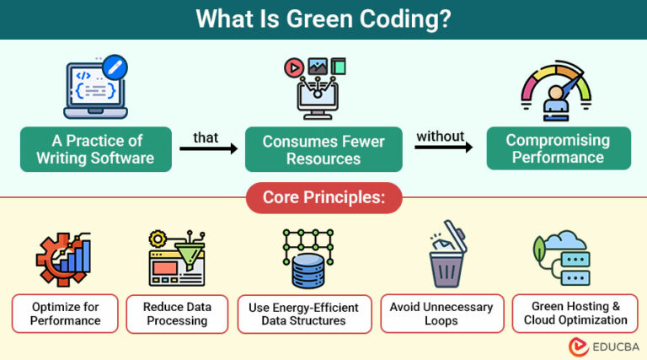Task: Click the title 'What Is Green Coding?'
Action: click(323, 19)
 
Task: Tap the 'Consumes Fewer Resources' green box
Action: click(323, 149)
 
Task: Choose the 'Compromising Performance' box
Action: click(557, 148)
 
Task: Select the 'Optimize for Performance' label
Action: click(65, 313)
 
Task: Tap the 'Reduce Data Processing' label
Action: click(177, 313)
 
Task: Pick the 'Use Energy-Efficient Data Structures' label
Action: click(303, 313)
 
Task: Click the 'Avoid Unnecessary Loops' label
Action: click(441, 313)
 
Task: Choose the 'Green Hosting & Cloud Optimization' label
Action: click(575, 313)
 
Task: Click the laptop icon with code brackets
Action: click(94, 90)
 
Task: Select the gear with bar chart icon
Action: click(63, 258)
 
